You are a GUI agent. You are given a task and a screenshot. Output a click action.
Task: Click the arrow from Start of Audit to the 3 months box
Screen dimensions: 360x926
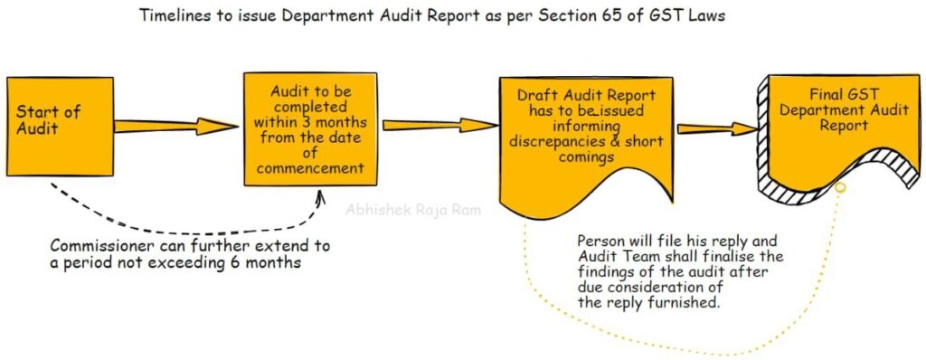tap(173, 126)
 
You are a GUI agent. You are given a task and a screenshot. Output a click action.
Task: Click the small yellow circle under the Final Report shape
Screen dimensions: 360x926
tap(839, 188)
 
